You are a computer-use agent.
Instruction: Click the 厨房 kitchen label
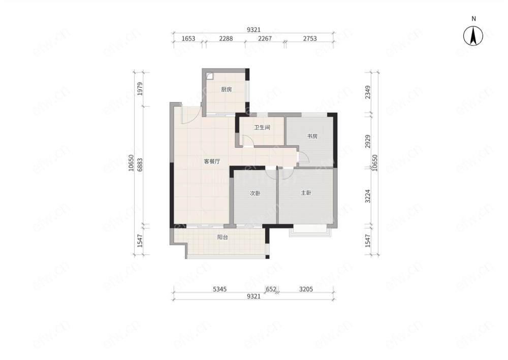pyautogui.click(x=227, y=90)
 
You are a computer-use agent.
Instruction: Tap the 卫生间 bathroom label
pyautogui.click(x=262, y=127)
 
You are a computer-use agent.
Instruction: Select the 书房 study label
pyautogui.click(x=312, y=136)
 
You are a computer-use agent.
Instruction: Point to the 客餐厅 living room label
pyautogui.click(x=212, y=161)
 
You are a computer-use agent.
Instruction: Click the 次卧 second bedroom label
pyautogui.click(x=255, y=193)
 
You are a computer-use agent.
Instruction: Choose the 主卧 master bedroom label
pyautogui.click(x=306, y=193)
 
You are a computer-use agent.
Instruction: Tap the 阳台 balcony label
pyautogui.click(x=223, y=237)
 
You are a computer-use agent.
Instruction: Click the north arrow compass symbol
pyautogui.click(x=473, y=36)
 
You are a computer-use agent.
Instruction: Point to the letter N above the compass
pyautogui.click(x=473, y=19)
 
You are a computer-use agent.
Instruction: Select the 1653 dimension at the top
pyautogui.click(x=188, y=39)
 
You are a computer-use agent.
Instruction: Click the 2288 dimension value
pyautogui.click(x=226, y=39)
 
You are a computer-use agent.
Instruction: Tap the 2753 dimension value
pyautogui.click(x=310, y=39)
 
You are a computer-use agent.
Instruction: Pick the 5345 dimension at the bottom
pyautogui.click(x=219, y=289)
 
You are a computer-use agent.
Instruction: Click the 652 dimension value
pyautogui.click(x=271, y=289)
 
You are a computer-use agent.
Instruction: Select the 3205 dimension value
pyautogui.click(x=306, y=289)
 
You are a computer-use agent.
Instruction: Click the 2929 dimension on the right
pyautogui.click(x=367, y=142)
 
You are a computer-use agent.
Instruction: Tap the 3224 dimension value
pyautogui.click(x=367, y=196)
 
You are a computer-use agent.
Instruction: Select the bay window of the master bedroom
pyautogui.click(x=310, y=231)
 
